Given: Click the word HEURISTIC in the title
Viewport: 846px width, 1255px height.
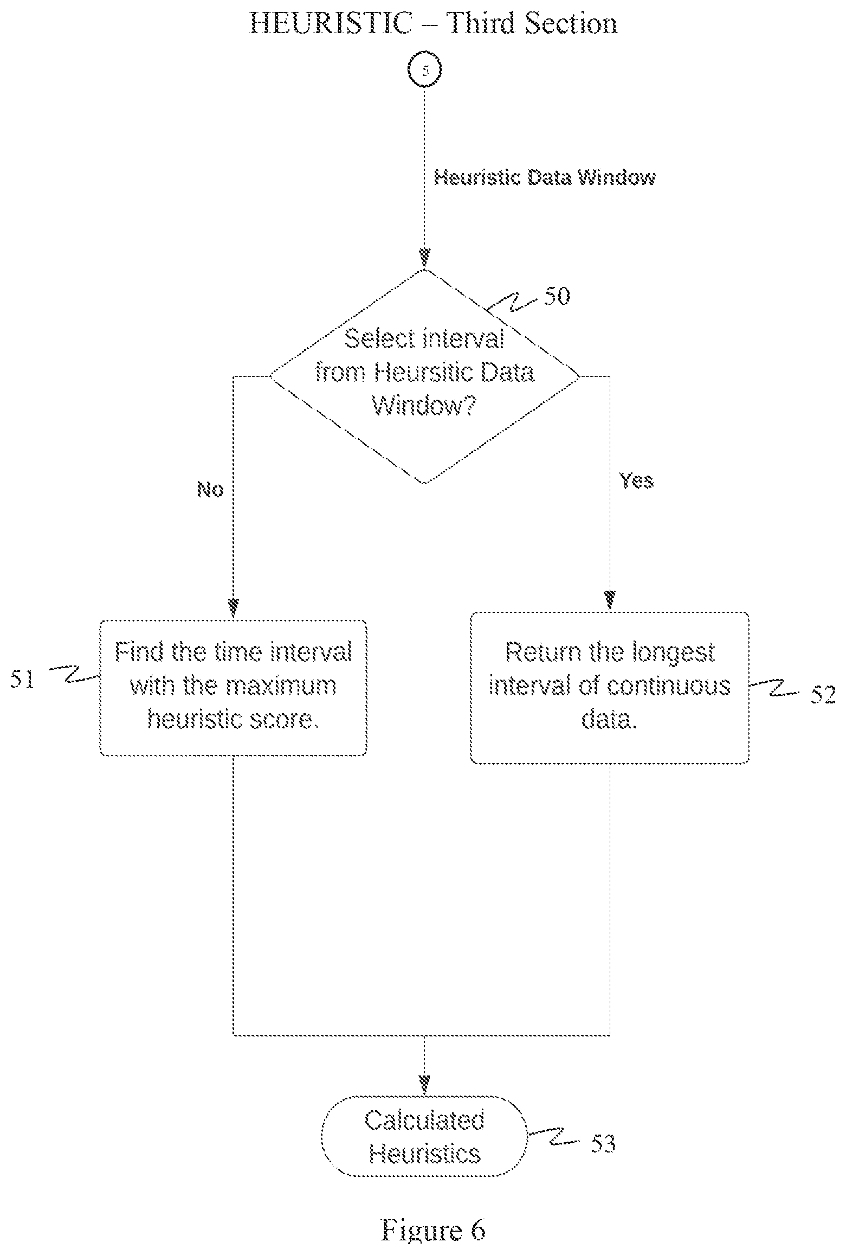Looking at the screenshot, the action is tap(330, 23).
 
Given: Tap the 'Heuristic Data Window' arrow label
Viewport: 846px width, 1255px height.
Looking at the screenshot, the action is tap(545, 178).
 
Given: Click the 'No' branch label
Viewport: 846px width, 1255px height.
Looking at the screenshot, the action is tap(210, 490).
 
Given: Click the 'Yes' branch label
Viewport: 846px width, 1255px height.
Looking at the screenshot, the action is tap(637, 480).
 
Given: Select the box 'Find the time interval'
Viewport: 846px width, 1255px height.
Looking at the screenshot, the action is tap(234, 687).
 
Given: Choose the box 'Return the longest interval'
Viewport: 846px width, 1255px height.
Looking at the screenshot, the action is tap(610, 688).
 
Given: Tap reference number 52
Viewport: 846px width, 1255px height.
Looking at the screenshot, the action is tap(823, 695).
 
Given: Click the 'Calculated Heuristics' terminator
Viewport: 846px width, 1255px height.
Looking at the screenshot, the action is tap(424, 1136).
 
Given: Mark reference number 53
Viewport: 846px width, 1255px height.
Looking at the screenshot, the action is tap(603, 1144).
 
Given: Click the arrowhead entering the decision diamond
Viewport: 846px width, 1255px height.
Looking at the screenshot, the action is tap(425, 257).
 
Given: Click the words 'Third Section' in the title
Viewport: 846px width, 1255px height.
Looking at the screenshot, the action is tap(532, 23).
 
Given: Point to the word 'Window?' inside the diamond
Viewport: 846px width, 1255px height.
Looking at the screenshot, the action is tap(424, 406).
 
